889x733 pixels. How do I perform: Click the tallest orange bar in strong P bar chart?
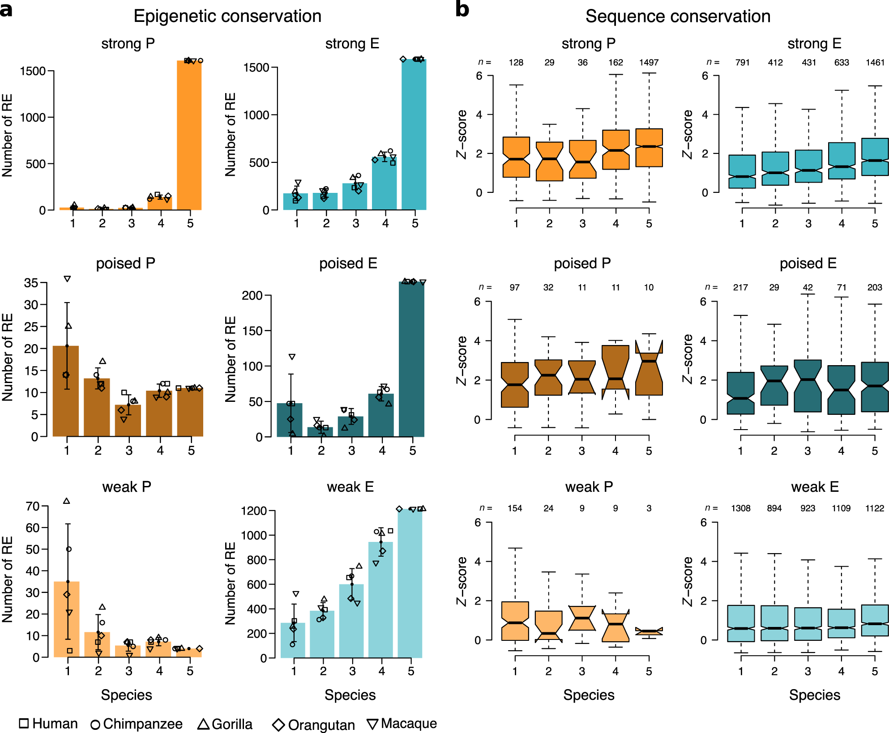pyautogui.click(x=189, y=134)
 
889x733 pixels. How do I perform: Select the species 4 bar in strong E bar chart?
pyautogui.click(x=384, y=183)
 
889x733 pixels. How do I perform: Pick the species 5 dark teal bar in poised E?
pyautogui.click(x=411, y=358)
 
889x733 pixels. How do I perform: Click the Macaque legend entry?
pyautogui.click(x=402, y=724)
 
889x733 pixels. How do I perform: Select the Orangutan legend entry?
pyautogui.click(x=313, y=724)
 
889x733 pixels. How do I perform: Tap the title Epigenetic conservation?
pyautogui.click(x=227, y=16)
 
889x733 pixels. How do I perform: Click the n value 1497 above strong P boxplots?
pyautogui.click(x=649, y=63)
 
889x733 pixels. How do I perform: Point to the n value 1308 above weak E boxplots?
pyautogui.click(x=740, y=508)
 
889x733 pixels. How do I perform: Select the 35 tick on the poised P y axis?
pyautogui.click(x=31, y=283)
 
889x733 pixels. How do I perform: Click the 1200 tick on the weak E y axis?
pyautogui.click(x=254, y=511)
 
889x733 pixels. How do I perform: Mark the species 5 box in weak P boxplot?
pyautogui.click(x=649, y=631)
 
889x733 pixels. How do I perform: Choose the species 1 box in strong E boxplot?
pyautogui.click(x=742, y=171)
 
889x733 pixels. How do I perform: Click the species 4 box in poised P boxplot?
pyautogui.click(x=615, y=371)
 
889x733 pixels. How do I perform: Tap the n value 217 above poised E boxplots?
pyautogui.click(x=740, y=287)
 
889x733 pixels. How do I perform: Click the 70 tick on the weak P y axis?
pyautogui.click(x=33, y=506)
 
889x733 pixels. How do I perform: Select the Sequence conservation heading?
pyautogui.click(x=678, y=16)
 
